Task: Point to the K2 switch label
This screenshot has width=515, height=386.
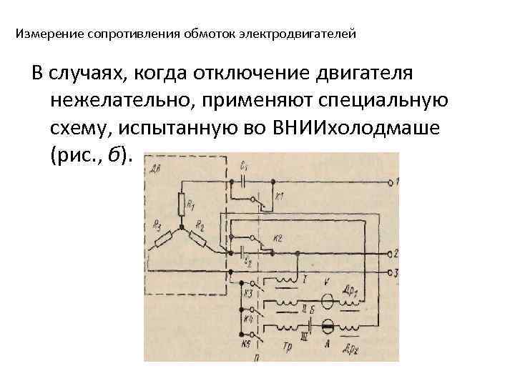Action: (x=278, y=239)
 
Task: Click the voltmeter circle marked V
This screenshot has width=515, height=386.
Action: (x=328, y=301)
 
